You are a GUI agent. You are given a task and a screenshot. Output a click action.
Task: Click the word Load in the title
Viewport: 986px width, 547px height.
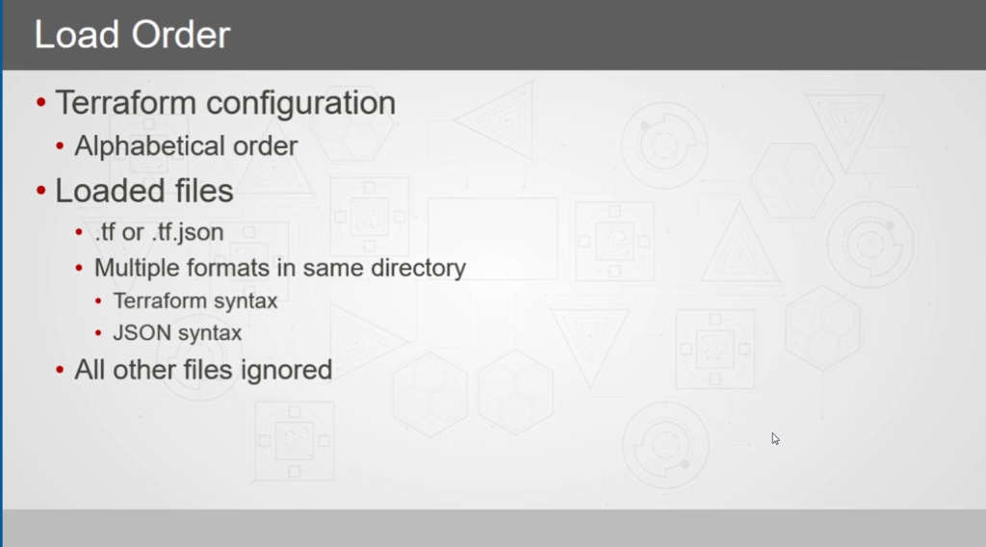coord(77,35)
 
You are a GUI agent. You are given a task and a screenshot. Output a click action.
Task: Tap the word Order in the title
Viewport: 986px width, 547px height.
coord(181,35)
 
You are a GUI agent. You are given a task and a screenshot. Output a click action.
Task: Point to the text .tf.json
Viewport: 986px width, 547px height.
coord(188,233)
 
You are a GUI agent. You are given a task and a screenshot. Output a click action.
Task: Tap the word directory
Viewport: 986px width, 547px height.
coord(418,269)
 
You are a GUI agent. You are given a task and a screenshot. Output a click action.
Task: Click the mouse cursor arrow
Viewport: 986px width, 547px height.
coord(775,439)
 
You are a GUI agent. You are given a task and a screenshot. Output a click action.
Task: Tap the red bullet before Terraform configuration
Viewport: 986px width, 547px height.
coord(40,102)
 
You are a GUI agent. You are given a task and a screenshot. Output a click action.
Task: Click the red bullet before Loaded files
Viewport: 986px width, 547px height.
coord(40,190)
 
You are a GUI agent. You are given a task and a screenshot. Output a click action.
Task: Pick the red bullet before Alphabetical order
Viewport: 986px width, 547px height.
coord(60,146)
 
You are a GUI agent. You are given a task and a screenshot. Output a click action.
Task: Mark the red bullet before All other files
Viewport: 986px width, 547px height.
coord(60,370)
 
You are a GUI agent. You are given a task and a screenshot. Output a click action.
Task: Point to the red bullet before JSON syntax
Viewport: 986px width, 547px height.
coord(98,332)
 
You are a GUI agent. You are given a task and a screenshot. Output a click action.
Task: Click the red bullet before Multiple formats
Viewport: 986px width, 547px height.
coord(79,269)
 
